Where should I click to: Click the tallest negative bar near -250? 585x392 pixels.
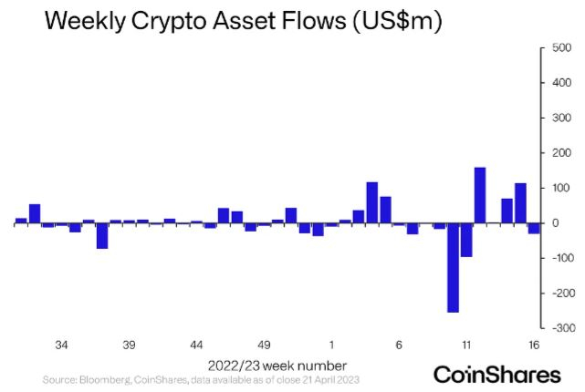pyautogui.click(x=453, y=268)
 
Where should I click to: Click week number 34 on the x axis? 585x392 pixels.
pyautogui.click(x=62, y=346)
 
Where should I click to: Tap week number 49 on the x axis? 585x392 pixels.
pyautogui.click(x=264, y=346)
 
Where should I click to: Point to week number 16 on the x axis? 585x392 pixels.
pyautogui.click(x=534, y=346)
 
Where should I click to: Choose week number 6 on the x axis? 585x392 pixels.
pyautogui.click(x=399, y=346)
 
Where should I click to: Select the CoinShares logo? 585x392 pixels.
pyautogui.click(x=496, y=374)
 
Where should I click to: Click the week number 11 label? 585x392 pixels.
pyautogui.click(x=466, y=346)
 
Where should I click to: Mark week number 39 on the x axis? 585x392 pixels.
pyautogui.click(x=129, y=346)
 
